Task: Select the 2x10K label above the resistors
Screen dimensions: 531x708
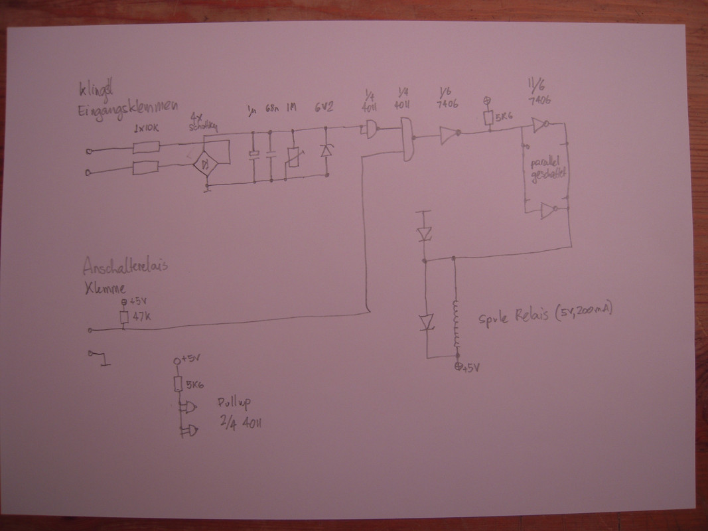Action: pyautogui.click(x=147, y=128)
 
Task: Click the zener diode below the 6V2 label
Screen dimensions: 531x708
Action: pyautogui.click(x=326, y=151)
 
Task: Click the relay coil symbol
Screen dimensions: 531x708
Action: pyautogui.click(x=456, y=325)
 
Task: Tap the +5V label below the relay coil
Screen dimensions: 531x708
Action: pyautogui.click(x=470, y=367)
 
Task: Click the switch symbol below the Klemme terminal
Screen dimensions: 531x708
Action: pyautogui.click(x=100, y=358)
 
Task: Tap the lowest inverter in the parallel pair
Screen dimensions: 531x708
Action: pyautogui.click(x=547, y=211)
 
